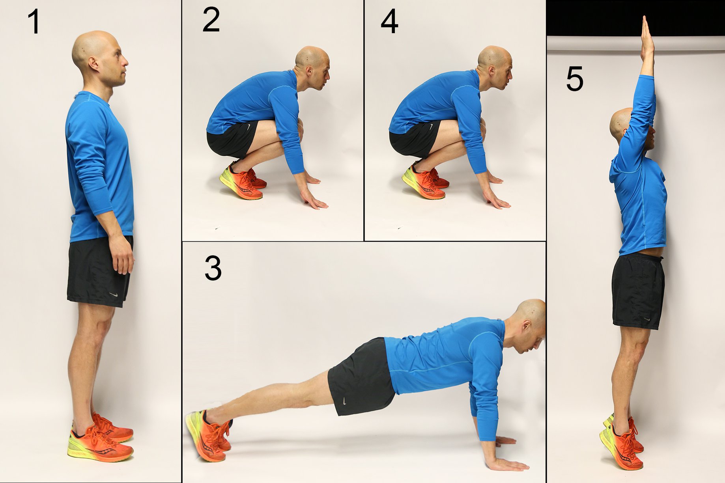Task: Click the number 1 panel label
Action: click(34, 22)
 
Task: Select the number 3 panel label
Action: click(213, 268)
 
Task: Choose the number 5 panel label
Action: click(574, 79)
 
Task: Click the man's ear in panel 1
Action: click(94, 64)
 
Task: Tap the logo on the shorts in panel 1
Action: click(114, 295)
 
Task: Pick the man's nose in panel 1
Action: click(125, 62)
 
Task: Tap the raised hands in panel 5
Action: click(647, 37)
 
